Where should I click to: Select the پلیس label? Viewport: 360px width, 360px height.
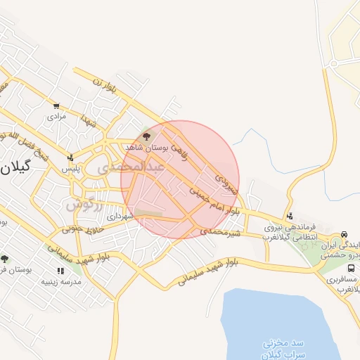click(70, 169)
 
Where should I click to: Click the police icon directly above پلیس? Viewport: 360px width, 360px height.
click(70, 158)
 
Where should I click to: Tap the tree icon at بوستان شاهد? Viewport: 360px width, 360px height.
click(146, 136)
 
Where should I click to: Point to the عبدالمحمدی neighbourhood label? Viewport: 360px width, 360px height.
click(134, 167)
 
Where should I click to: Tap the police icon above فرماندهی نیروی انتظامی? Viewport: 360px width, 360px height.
click(290, 215)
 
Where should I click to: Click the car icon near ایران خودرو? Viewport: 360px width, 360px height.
click(344, 234)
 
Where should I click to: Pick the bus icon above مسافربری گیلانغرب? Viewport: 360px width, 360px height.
click(344, 267)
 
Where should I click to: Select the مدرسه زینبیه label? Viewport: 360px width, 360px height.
click(62, 282)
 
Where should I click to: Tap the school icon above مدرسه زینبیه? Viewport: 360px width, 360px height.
click(61, 271)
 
